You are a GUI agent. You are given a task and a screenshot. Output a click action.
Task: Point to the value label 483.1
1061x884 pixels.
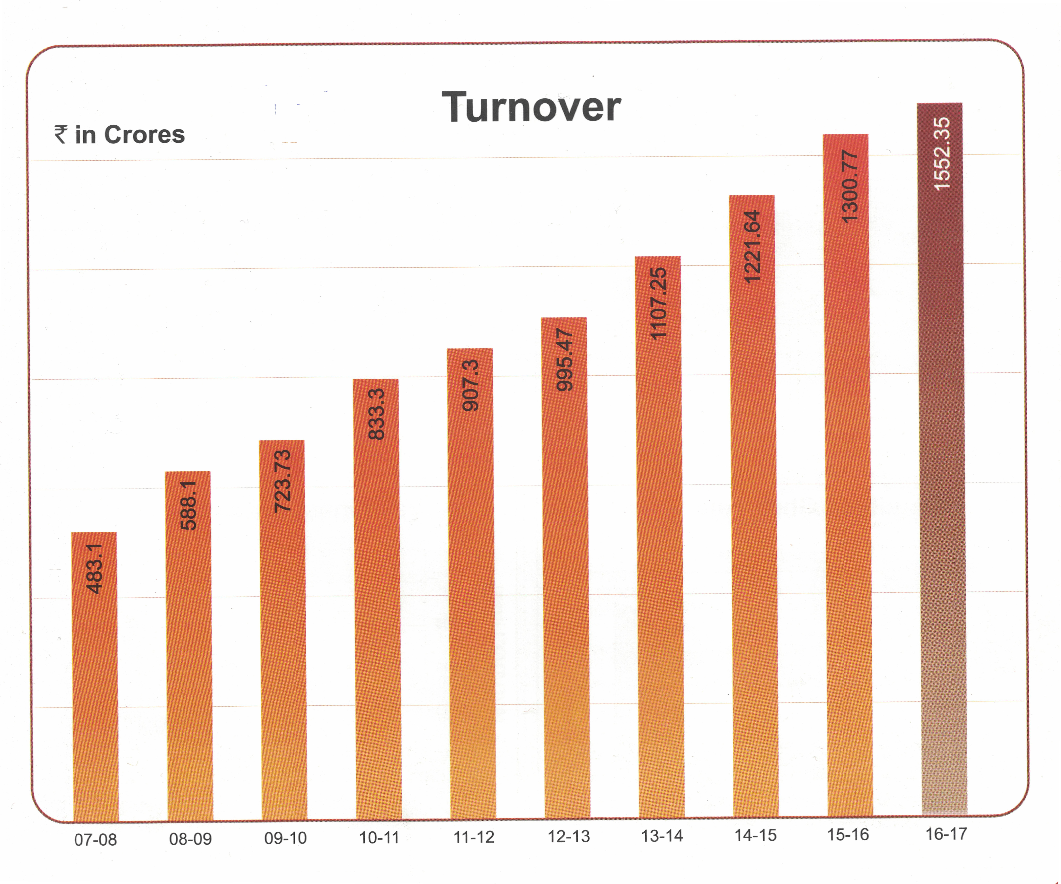[94, 569]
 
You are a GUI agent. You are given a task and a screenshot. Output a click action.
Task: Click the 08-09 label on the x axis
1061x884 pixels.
[190, 839]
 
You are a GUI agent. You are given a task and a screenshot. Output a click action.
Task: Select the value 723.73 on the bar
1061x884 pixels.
[282, 481]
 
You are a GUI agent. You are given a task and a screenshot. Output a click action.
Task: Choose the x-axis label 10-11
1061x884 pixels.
[379, 837]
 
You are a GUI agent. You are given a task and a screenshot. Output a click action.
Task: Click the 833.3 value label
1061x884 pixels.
[376, 414]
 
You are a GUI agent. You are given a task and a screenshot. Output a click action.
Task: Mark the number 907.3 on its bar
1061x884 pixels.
[470, 385]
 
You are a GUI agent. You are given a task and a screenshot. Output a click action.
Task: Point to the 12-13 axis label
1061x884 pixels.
[569, 836]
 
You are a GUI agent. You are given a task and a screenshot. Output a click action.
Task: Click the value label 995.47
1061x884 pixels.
[564, 360]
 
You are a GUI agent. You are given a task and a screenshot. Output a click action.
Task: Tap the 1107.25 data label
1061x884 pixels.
[658, 304]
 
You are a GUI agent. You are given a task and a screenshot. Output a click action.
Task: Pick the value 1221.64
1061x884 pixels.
[752, 247]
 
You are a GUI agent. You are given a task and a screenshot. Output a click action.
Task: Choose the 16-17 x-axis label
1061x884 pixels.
[946, 833]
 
